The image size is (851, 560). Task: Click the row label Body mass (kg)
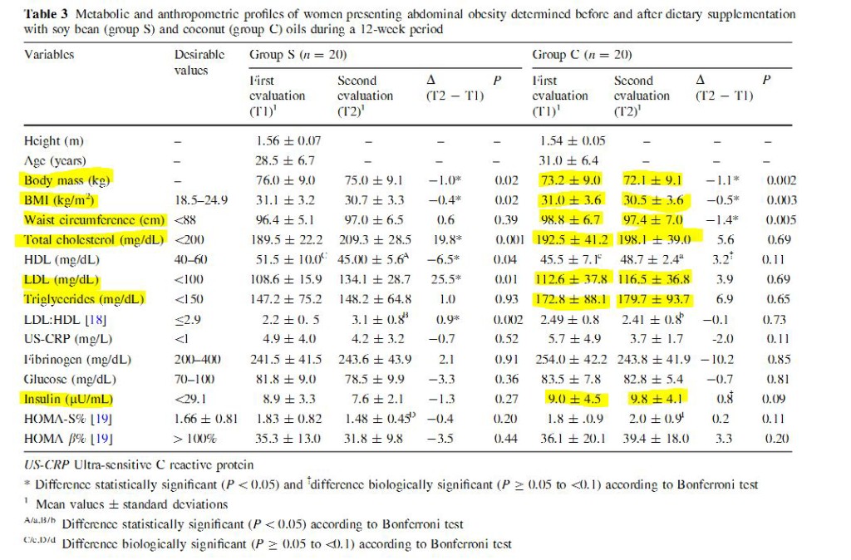tap(67, 179)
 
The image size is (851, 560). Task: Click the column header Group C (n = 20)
tap(582, 55)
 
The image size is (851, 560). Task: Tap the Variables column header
tap(49, 55)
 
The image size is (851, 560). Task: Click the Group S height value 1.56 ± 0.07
tap(288, 141)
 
